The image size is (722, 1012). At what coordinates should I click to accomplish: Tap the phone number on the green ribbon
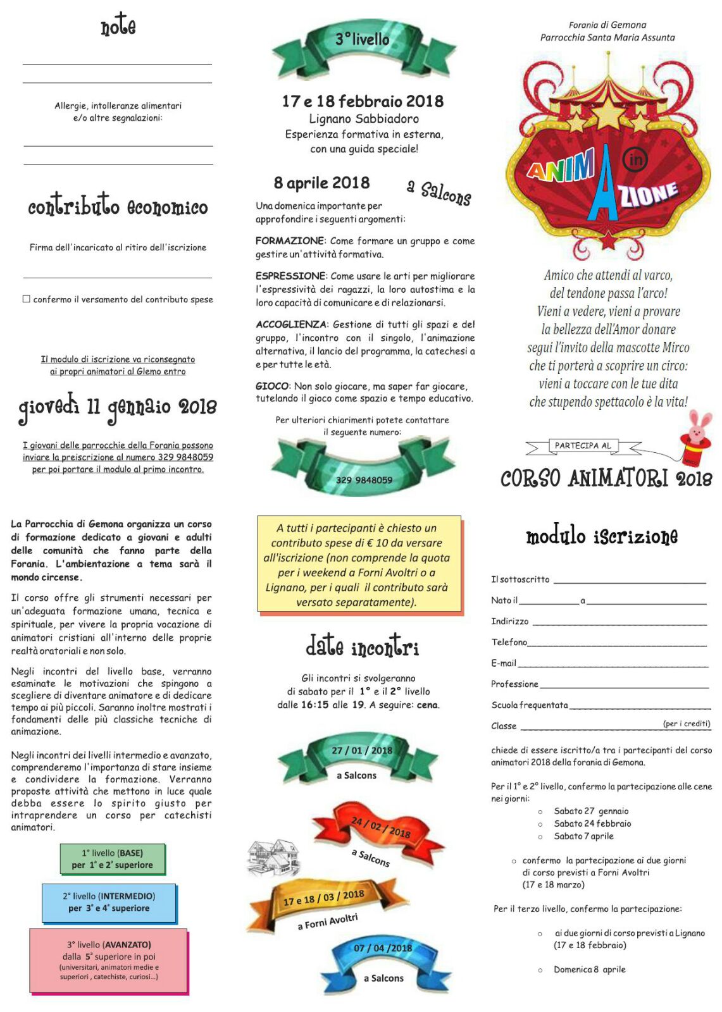pos(364,479)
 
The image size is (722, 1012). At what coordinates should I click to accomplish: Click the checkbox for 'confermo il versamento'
pos(27,299)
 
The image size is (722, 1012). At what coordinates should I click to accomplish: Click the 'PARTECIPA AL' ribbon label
pos(583,446)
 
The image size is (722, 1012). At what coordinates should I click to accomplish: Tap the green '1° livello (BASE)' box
pos(112,859)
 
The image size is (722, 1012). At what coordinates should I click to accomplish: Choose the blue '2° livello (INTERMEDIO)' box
pos(109,903)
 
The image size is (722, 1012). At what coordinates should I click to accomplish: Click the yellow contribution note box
pos(359,564)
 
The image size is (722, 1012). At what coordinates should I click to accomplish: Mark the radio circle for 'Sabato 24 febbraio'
pos(540,824)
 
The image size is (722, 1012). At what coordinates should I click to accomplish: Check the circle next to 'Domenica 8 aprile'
pos(540,970)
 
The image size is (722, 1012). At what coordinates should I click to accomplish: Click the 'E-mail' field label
pos(504,663)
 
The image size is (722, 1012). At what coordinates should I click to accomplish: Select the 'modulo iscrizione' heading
pos(601,536)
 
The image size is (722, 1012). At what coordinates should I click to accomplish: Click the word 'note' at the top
pos(118,26)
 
